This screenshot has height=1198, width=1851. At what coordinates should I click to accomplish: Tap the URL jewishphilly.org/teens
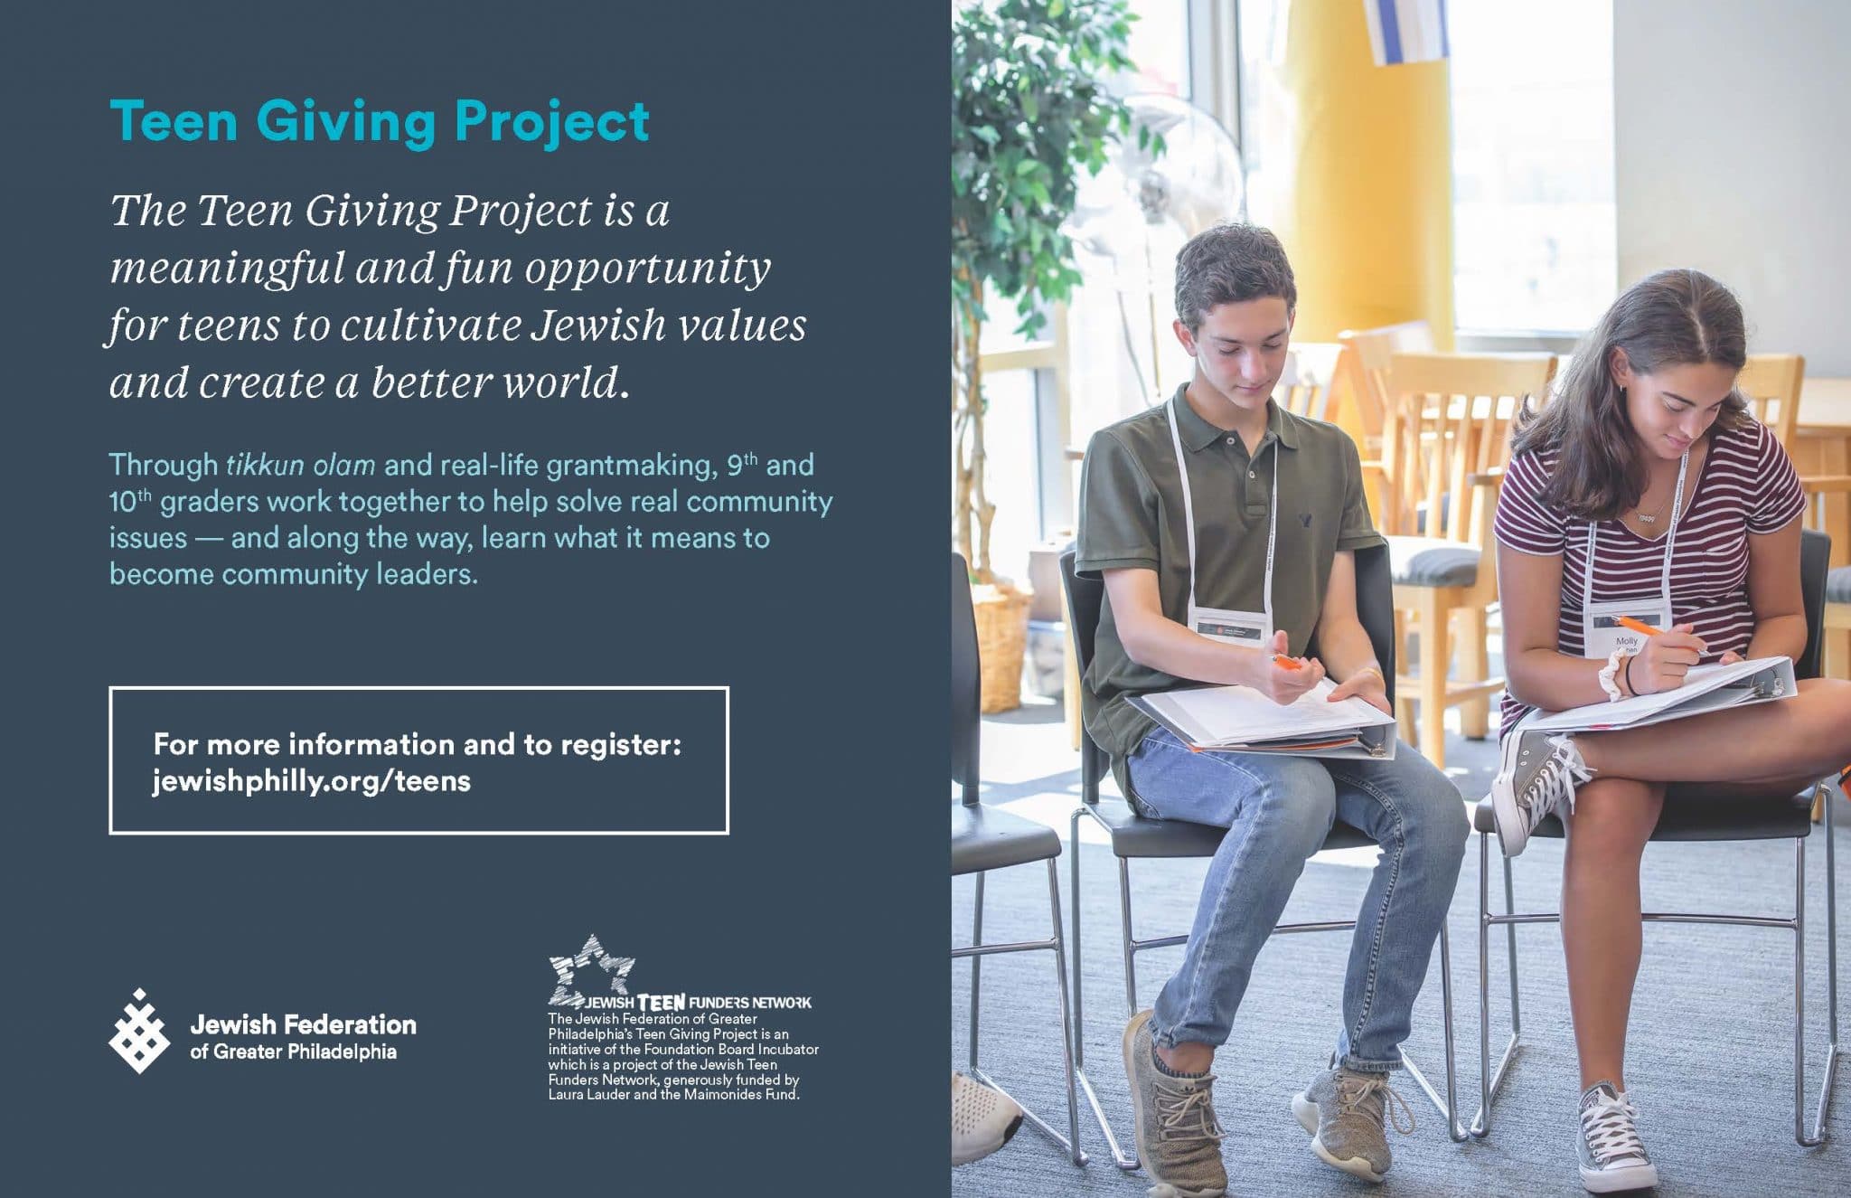click(312, 780)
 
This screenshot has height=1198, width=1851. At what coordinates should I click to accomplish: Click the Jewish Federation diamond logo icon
click(139, 1032)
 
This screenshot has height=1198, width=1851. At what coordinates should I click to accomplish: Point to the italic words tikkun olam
click(300, 466)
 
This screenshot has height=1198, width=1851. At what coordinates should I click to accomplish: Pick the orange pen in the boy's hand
click(1288, 662)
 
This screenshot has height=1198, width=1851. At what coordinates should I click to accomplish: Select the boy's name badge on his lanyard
click(1230, 626)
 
